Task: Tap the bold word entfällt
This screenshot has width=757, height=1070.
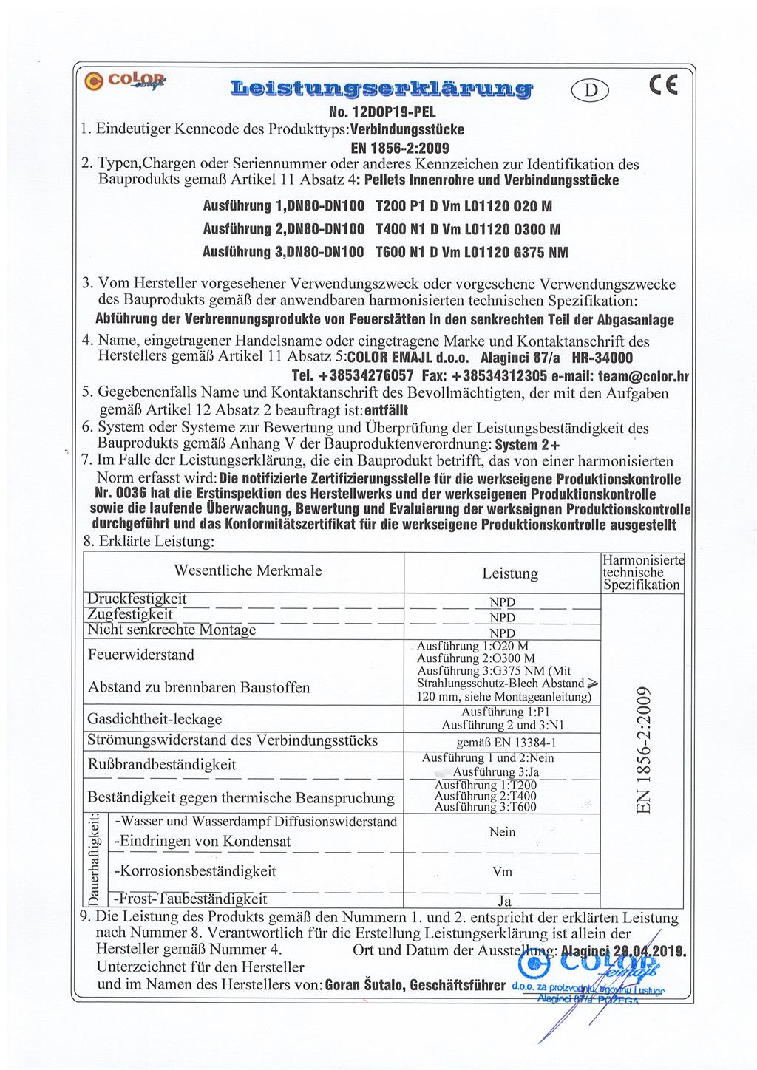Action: click(386, 409)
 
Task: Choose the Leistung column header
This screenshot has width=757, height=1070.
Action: click(510, 573)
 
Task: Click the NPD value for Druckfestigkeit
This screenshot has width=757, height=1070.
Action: click(503, 602)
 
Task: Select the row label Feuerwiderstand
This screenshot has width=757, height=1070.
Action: click(141, 655)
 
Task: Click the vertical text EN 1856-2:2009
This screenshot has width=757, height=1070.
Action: click(642, 750)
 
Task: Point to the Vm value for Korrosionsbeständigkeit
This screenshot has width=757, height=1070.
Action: click(503, 872)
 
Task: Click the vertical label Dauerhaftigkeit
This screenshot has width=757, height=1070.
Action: click(94, 860)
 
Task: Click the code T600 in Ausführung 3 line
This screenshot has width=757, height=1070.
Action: click(391, 253)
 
